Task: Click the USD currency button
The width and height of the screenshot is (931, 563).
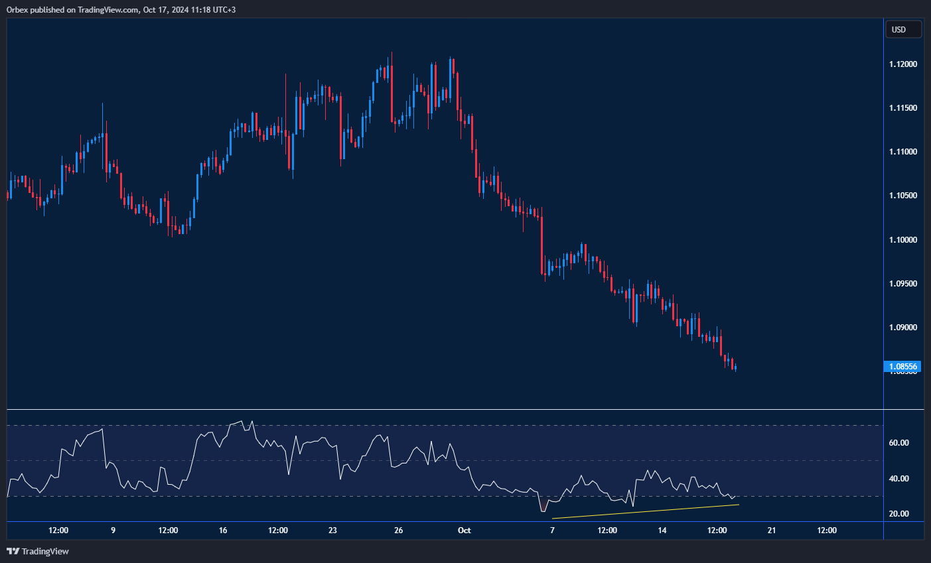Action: click(x=903, y=29)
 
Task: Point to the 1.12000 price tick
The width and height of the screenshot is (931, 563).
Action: click(x=903, y=64)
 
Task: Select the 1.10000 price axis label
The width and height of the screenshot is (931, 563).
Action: click(x=903, y=240)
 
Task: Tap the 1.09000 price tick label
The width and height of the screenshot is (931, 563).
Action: click(x=903, y=328)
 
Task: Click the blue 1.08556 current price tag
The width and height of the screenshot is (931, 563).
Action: click(x=903, y=366)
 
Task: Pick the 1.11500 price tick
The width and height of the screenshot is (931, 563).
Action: click(x=903, y=108)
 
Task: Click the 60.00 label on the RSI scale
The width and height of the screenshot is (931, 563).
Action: click(x=898, y=443)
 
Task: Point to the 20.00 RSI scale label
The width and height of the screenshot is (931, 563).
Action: click(x=898, y=514)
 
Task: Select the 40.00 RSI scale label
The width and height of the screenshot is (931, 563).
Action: click(x=898, y=479)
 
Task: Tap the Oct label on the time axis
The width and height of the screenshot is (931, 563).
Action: click(x=465, y=531)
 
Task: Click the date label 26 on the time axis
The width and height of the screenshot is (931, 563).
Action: click(x=398, y=531)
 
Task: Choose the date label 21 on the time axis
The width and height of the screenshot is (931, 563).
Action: click(x=772, y=531)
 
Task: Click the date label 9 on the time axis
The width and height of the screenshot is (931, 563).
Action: click(x=113, y=531)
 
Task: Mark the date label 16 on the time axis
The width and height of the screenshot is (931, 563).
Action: click(x=223, y=531)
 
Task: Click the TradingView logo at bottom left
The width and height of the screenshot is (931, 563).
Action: click(x=38, y=551)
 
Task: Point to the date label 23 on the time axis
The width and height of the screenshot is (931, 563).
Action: click(x=332, y=531)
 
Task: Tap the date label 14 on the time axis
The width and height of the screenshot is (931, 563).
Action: click(x=662, y=531)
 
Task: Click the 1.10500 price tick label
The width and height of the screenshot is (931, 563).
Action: click(x=903, y=196)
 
